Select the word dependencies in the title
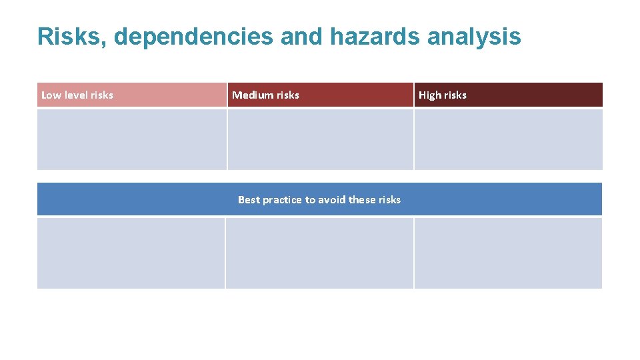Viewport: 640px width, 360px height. click(193, 37)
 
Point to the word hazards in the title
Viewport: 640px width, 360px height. click(374, 37)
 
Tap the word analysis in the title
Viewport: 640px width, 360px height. click(474, 37)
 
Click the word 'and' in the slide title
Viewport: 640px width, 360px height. click(301, 37)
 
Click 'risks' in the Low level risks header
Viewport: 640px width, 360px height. click(101, 95)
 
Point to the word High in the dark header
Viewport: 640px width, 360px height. click(430, 95)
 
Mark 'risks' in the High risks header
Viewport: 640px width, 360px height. click(455, 95)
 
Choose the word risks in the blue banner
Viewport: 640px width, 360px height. click(390, 200)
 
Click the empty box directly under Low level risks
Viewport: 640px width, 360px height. click(131, 139)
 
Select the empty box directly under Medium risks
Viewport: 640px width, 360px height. click(320, 139)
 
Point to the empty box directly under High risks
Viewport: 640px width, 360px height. click(508, 139)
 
